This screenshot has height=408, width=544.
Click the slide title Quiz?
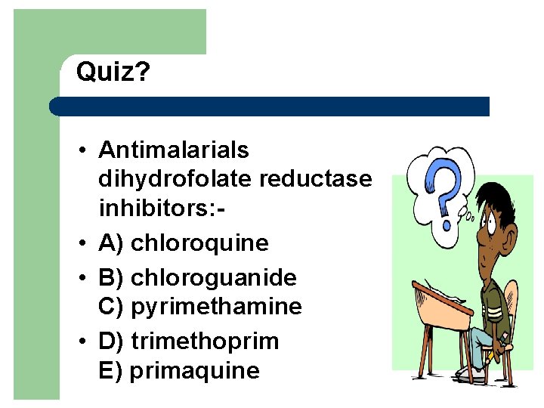(x=113, y=73)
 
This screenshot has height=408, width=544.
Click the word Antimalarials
(x=173, y=150)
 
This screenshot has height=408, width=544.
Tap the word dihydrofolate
(x=175, y=179)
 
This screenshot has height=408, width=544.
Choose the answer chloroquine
(x=199, y=243)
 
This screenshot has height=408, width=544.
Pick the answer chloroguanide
(x=214, y=277)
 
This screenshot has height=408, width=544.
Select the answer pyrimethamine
(x=216, y=306)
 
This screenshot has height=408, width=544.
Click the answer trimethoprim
(x=205, y=341)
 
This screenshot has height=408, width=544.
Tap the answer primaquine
(x=194, y=371)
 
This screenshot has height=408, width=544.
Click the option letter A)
(x=110, y=243)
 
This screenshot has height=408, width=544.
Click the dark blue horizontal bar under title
(x=272, y=107)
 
